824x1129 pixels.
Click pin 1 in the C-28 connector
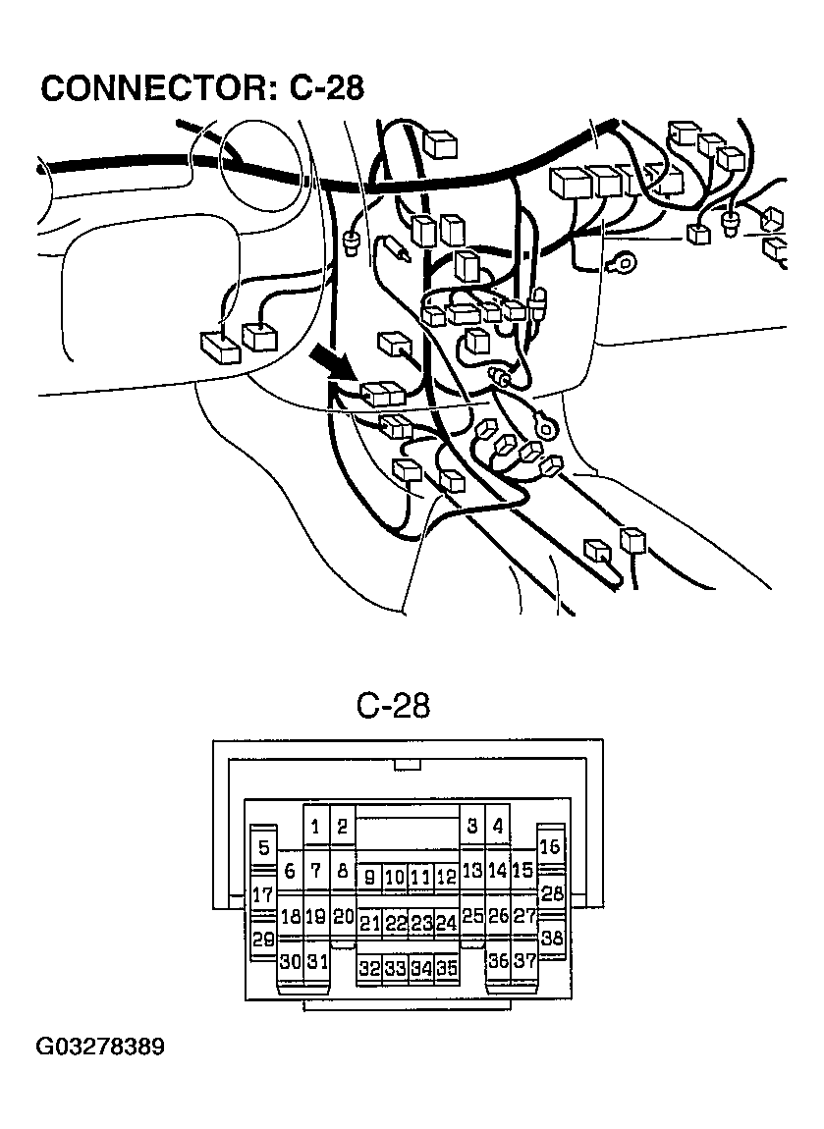coord(315,828)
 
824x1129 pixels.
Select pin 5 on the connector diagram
coord(263,848)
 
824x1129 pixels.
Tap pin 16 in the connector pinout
coord(550,846)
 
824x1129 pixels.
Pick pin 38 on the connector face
coord(552,939)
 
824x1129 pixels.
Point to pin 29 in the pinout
coord(263,940)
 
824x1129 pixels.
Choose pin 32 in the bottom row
coord(368,968)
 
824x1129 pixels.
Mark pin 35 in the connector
coord(447,968)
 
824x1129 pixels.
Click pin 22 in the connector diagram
coord(395,923)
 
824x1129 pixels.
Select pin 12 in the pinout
coord(447,877)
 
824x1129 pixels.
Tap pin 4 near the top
coord(498,827)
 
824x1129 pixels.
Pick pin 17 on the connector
coord(263,894)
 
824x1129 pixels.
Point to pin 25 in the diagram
coord(472,917)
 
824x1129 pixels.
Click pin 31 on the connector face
coord(315,961)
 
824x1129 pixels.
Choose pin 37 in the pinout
coord(524,961)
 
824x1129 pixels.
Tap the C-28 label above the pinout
coord(393,706)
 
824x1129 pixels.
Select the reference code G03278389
coord(101,1047)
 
